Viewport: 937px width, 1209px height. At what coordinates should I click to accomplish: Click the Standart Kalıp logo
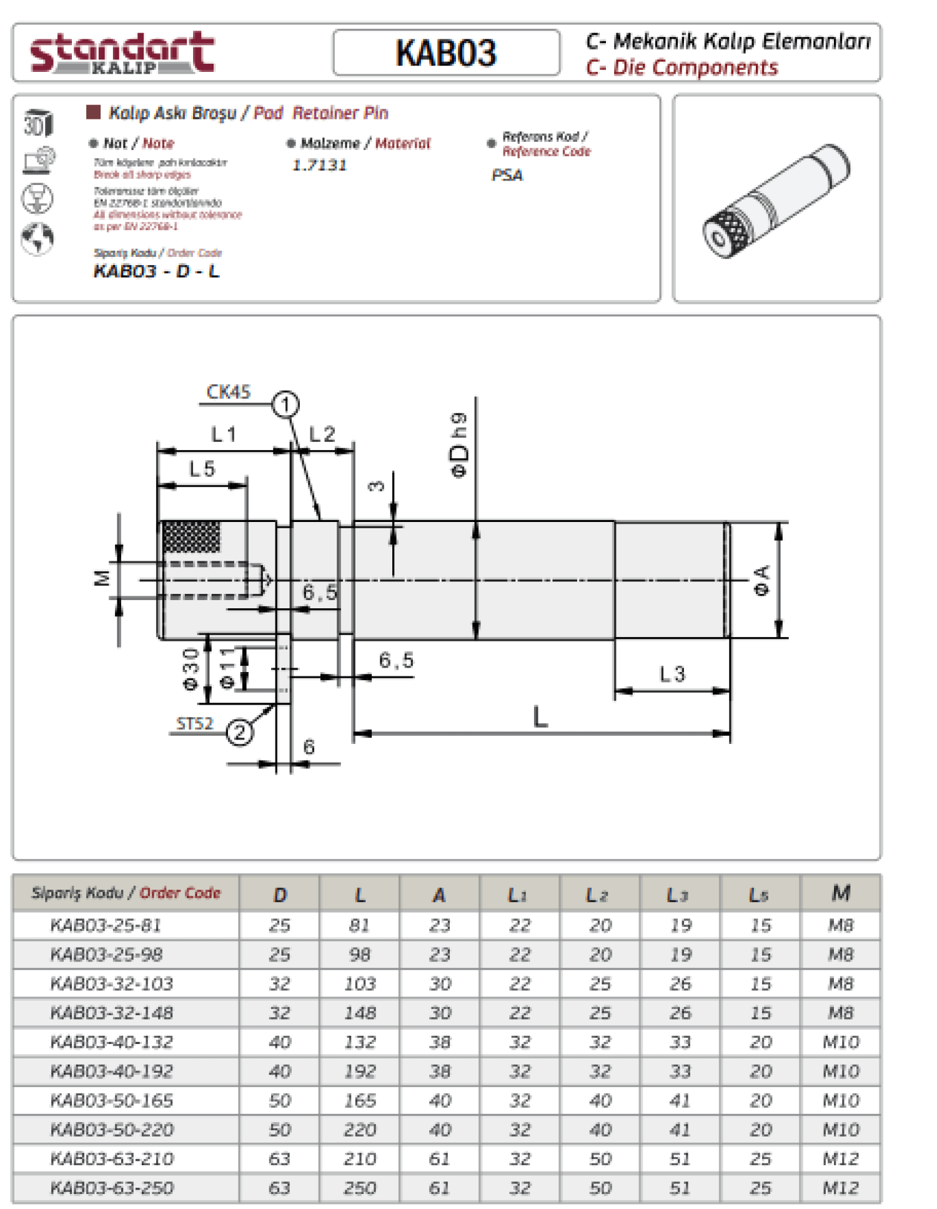click(x=122, y=53)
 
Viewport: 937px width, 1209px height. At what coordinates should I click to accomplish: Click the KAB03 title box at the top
click(x=446, y=53)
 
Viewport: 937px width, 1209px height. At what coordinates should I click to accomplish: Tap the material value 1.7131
click(x=319, y=165)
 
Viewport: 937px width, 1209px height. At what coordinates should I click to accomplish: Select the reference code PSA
click(x=507, y=175)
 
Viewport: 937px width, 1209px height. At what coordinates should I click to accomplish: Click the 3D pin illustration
click(x=776, y=200)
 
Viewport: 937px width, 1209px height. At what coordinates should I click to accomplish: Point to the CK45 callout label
click(x=228, y=392)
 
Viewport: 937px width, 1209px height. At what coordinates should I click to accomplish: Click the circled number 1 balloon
click(x=285, y=404)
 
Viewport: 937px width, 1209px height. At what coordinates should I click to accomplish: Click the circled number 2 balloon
click(x=239, y=732)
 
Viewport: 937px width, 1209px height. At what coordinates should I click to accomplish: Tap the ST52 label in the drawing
click(x=194, y=724)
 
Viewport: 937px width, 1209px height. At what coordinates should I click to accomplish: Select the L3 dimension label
click(x=672, y=674)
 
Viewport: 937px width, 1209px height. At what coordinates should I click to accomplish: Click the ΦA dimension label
click(x=761, y=580)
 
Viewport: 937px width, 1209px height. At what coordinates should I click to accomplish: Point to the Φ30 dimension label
click(x=191, y=669)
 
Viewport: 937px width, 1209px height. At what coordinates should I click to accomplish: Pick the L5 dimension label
click(x=202, y=469)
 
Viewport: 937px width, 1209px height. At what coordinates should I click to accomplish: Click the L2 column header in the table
click(x=600, y=895)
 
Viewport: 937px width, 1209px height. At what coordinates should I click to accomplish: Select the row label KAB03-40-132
click(x=112, y=1042)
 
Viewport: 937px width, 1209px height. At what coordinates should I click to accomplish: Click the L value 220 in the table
click(x=360, y=1130)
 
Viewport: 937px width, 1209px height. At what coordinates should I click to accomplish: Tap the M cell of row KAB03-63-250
click(x=840, y=1188)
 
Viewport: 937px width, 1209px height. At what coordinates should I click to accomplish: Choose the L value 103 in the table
click(x=360, y=984)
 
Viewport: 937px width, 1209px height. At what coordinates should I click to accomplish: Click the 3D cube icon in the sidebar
click(x=38, y=123)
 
